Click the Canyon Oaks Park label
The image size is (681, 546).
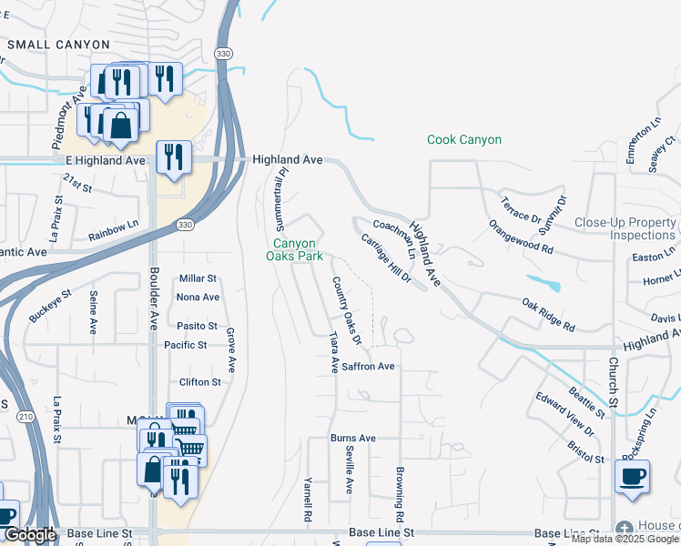[295, 249]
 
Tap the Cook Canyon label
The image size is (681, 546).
[464, 140]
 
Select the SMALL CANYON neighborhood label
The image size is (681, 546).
[59, 44]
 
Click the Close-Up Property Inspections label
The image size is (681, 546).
[625, 228]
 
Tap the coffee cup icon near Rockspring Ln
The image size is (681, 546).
[632, 477]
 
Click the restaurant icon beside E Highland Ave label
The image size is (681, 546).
[172, 157]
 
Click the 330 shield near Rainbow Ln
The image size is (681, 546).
[186, 225]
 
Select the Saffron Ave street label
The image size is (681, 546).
[368, 366]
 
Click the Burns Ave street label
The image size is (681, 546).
[353, 438]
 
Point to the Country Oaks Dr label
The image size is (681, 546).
[347, 310]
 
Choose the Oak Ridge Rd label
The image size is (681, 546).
[548, 314]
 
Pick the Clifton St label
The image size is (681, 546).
[200, 382]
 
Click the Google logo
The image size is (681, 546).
[29, 535]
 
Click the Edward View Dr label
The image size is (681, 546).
[564, 415]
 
